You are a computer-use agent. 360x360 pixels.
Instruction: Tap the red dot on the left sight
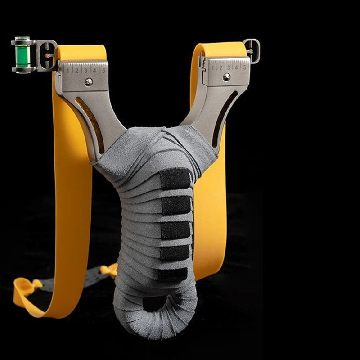coord(47,55)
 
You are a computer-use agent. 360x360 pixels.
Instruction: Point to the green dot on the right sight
coord(251,51)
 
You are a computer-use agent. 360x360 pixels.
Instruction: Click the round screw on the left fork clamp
coord(89,82)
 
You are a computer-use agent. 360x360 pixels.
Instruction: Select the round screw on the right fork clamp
coord(227,77)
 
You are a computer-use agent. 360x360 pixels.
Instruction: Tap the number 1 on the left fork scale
coord(68,71)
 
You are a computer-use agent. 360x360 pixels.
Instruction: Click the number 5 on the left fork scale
coord(103,70)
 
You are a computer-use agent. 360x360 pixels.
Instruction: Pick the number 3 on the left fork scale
coord(85,71)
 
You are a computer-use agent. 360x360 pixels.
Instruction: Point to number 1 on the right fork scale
coord(212,68)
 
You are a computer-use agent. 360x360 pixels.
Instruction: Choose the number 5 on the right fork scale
coord(244,67)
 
